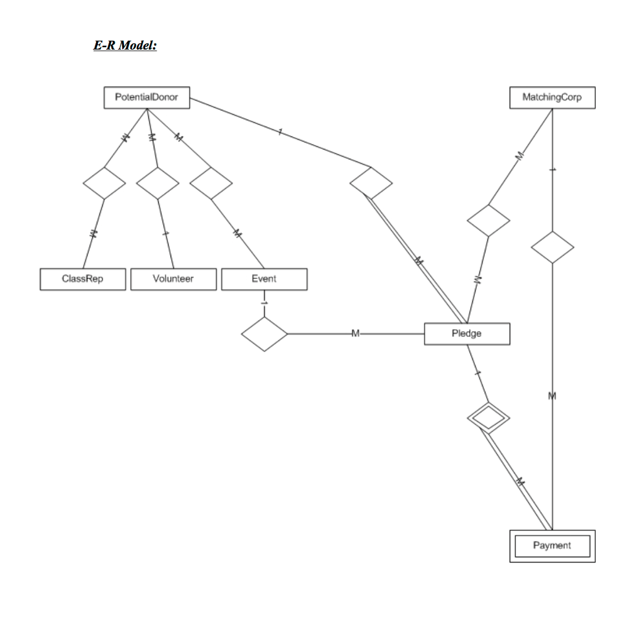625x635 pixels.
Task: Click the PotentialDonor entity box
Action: click(147, 97)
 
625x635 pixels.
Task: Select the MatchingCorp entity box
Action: click(552, 97)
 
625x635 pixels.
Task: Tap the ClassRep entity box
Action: click(83, 279)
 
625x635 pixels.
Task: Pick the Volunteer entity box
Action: click(173, 279)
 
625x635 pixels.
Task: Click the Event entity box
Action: click(264, 279)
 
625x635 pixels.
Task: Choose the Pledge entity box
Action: click(467, 334)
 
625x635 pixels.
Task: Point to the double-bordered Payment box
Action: click(552, 546)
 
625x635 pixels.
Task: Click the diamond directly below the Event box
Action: click(264, 334)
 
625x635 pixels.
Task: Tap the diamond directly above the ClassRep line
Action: click(104, 183)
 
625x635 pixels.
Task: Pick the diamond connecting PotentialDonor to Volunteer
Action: click(157, 183)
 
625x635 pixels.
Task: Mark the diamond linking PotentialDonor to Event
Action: click(211, 183)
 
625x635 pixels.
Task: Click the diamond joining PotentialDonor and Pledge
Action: click(371, 183)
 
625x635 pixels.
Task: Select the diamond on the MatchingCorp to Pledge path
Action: click(488, 220)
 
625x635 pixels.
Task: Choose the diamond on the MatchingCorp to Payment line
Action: click(552, 247)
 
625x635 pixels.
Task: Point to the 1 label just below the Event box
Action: click(264, 303)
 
